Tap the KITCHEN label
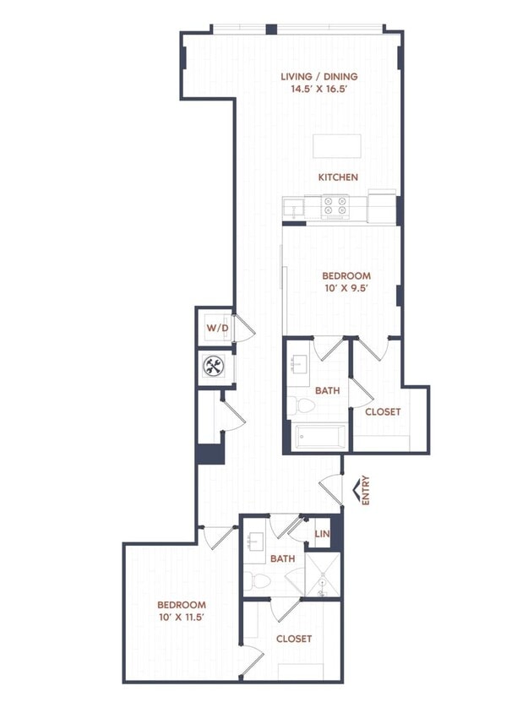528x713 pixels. [338, 177]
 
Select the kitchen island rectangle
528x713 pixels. [337, 146]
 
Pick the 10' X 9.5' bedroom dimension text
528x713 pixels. [346, 289]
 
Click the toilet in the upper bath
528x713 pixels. [302, 407]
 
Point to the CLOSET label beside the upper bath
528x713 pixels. [383, 411]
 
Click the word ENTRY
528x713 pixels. [366, 489]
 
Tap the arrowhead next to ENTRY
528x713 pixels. [355, 490]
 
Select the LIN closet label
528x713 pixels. [321, 534]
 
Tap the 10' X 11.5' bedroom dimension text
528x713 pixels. [182, 618]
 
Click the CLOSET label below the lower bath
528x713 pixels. [294, 639]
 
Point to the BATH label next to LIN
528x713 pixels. [281, 558]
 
